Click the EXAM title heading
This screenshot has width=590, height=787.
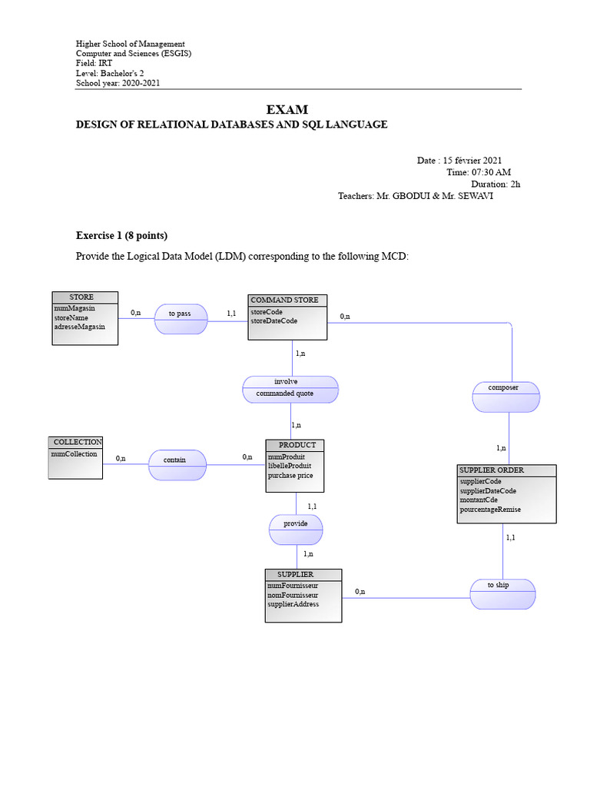pyautogui.click(x=287, y=110)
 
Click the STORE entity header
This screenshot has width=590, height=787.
pyautogui.click(x=85, y=297)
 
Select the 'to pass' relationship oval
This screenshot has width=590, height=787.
pyautogui.click(x=181, y=318)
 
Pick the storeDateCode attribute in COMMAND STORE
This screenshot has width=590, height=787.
pyautogui.click(x=273, y=321)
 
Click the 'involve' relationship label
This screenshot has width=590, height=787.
pyautogui.click(x=286, y=382)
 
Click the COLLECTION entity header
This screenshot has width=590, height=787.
pyautogui.click(x=77, y=442)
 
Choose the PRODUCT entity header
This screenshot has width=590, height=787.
pyautogui.click(x=296, y=445)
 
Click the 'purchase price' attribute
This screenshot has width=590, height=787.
pyautogui.click(x=290, y=476)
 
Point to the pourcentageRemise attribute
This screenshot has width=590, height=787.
pyautogui.click(x=490, y=510)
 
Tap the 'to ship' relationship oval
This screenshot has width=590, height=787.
pyautogui.click(x=502, y=593)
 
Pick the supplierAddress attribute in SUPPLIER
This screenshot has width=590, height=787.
pyautogui.click(x=293, y=604)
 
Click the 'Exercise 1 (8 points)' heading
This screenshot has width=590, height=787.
pyautogui.click(x=121, y=235)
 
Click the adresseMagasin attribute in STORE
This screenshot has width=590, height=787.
pyautogui.click(x=80, y=327)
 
